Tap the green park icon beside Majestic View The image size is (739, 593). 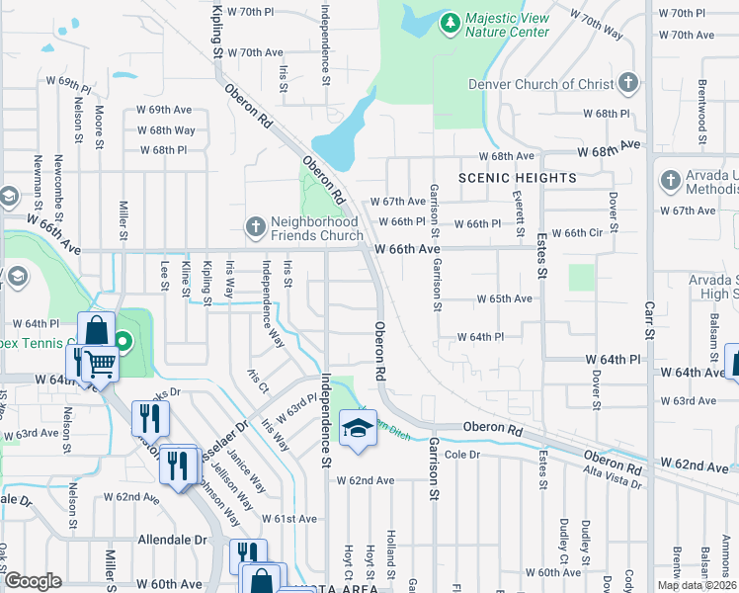tap(450, 20)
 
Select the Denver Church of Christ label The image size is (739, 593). tap(540, 84)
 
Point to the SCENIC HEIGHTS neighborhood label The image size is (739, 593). tap(517, 178)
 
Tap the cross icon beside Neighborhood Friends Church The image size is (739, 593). tap(255, 228)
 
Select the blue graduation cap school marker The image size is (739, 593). tap(357, 428)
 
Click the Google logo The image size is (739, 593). tap(33, 581)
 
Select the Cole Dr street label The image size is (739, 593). tap(461, 454)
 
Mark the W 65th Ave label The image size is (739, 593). tap(504, 298)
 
